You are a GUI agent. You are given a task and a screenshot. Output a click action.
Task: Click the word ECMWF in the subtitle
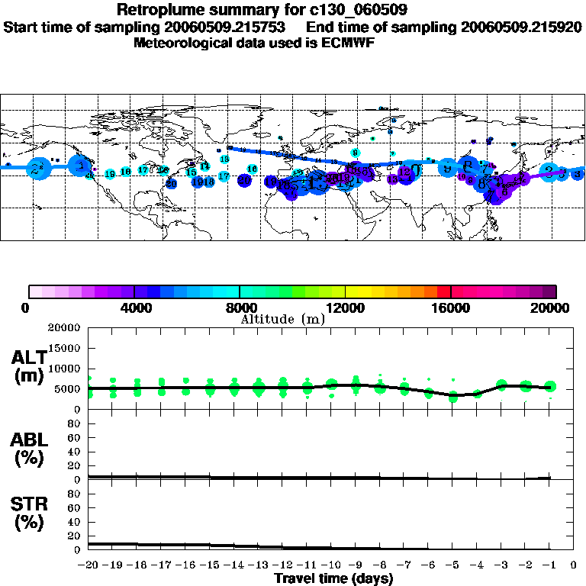pyautogui.click(x=346, y=43)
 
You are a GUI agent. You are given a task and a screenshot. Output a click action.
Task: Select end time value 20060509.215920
pyautogui.click(x=522, y=27)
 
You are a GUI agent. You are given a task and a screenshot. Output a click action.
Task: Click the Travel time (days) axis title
pyautogui.click(x=333, y=578)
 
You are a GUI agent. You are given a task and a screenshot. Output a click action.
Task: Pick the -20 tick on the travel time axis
pyautogui.click(x=89, y=565)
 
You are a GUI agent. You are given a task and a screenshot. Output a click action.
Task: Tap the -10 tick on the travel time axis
pyautogui.click(x=331, y=565)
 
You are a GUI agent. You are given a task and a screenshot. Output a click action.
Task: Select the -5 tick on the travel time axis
pyautogui.click(x=452, y=565)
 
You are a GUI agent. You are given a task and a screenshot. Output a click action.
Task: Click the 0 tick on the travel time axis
pyautogui.click(x=574, y=565)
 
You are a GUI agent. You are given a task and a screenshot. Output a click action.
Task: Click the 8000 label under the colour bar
pyautogui.click(x=240, y=307)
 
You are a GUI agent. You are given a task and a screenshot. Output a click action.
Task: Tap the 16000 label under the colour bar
pyautogui.click(x=451, y=307)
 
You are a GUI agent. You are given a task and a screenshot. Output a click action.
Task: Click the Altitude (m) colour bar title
pyautogui.click(x=282, y=319)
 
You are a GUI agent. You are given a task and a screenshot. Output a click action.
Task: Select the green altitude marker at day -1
pyautogui.click(x=550, y=387)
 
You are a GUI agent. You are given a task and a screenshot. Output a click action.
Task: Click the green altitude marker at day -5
pyautogui.click(x=453, y=397)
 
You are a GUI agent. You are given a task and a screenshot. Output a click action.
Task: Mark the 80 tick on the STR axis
pyautogui.click(x=75, y=493)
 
